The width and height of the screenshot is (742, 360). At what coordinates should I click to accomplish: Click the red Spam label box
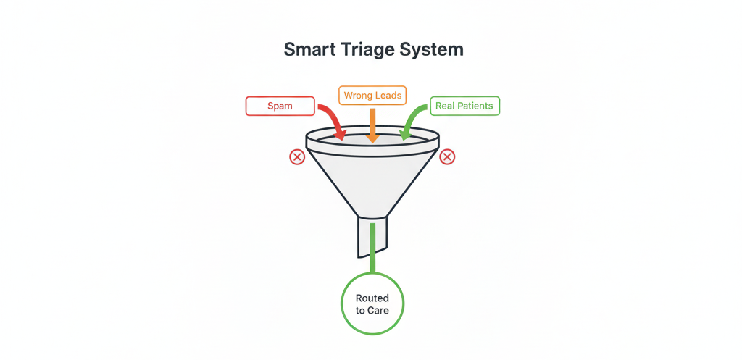click(280, 106)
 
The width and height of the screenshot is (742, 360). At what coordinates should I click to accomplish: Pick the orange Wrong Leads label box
click(372, 96)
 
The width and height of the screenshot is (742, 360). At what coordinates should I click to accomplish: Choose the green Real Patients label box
click(464, 106)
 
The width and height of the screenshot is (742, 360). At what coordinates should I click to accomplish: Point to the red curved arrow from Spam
click(334, 118)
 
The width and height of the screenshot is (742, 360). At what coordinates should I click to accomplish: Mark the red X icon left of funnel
click(297, 157)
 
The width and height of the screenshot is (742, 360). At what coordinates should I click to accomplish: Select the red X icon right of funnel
click(447, 156)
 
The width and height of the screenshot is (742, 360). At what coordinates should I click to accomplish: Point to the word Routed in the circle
click(372, 298)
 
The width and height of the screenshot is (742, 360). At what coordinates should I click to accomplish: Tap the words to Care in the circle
click(372, 311)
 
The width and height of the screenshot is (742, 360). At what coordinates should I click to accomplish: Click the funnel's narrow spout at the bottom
click(372, 237)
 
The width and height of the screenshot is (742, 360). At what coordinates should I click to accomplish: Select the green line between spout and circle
click(372, 248)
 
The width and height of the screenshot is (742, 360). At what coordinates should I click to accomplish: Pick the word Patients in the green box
click(475, 106)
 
